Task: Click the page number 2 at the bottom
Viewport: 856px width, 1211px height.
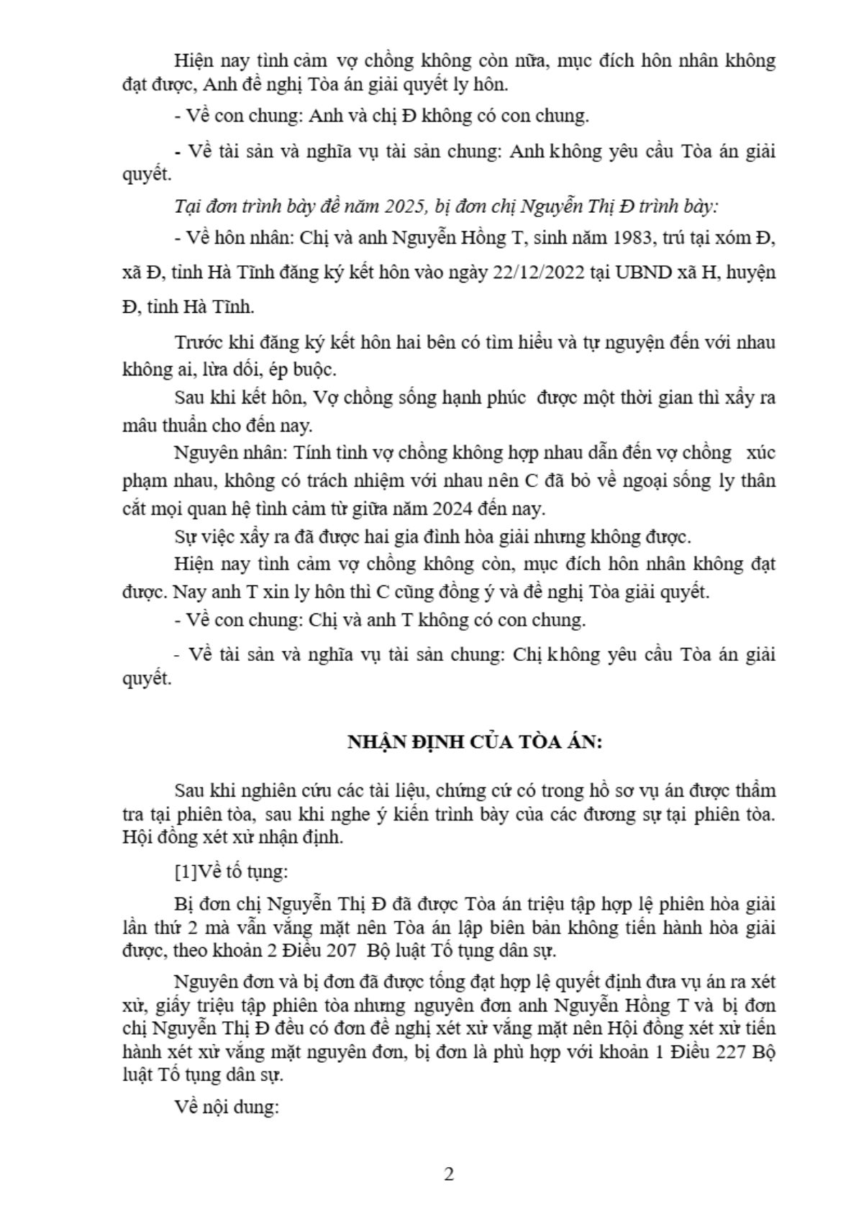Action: (449, 1175)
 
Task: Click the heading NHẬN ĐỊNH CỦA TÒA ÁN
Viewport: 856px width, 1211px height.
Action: (475, 742)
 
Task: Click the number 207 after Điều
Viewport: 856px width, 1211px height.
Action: (341, 951)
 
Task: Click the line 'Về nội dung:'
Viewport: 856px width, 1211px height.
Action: (227, 1107)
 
